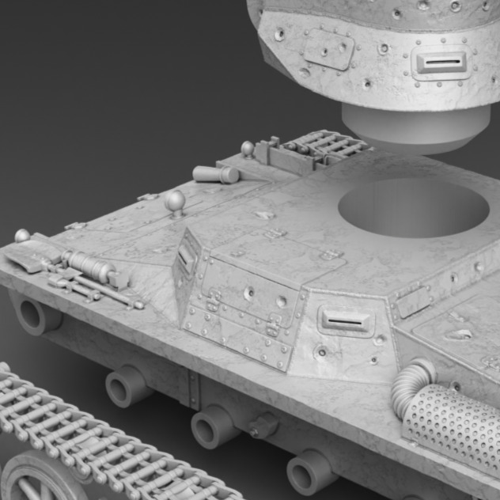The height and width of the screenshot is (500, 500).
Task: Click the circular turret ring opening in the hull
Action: [413, 207]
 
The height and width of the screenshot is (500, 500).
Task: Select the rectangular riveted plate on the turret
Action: [328, 48]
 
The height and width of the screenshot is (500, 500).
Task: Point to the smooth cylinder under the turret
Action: [415, 127]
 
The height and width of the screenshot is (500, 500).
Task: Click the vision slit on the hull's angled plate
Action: [346, 320]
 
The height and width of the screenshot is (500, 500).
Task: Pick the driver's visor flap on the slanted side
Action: [187, 256]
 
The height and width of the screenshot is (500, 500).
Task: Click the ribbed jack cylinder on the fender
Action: [89, 266]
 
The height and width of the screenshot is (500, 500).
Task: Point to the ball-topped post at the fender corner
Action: [22, 235]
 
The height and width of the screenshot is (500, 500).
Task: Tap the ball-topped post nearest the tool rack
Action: [248, 149]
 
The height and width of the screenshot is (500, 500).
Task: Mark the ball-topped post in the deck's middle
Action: [176, 202]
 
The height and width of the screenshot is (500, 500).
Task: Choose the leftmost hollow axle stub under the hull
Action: [36, 315]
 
